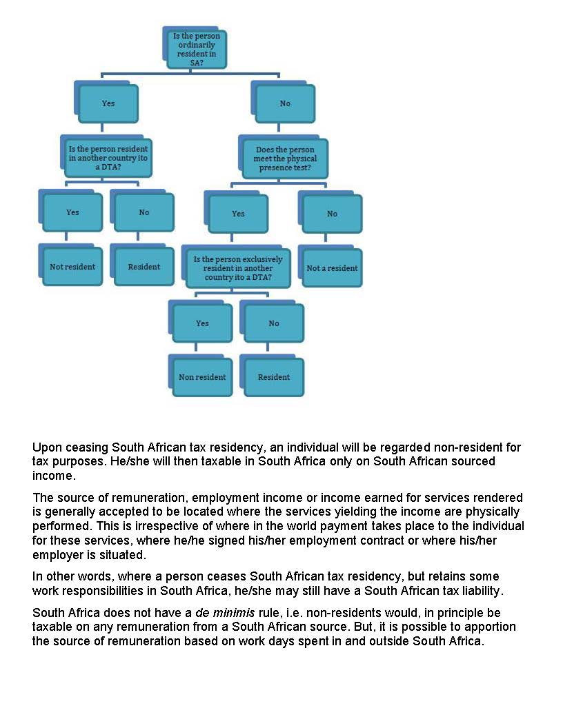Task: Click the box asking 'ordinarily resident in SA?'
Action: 197,48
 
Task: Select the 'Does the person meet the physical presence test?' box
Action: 285,159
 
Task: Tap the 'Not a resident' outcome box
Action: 332,268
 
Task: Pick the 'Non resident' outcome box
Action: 202,377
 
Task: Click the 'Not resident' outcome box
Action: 72,267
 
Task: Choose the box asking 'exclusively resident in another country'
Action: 238,268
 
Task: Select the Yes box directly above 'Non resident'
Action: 202,323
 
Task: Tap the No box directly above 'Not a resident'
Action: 332,214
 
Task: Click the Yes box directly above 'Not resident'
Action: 72,212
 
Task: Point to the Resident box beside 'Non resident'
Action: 274,377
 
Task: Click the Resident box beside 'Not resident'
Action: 144,267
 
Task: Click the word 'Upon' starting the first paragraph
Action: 46,447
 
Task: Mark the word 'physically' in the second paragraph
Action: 495,512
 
